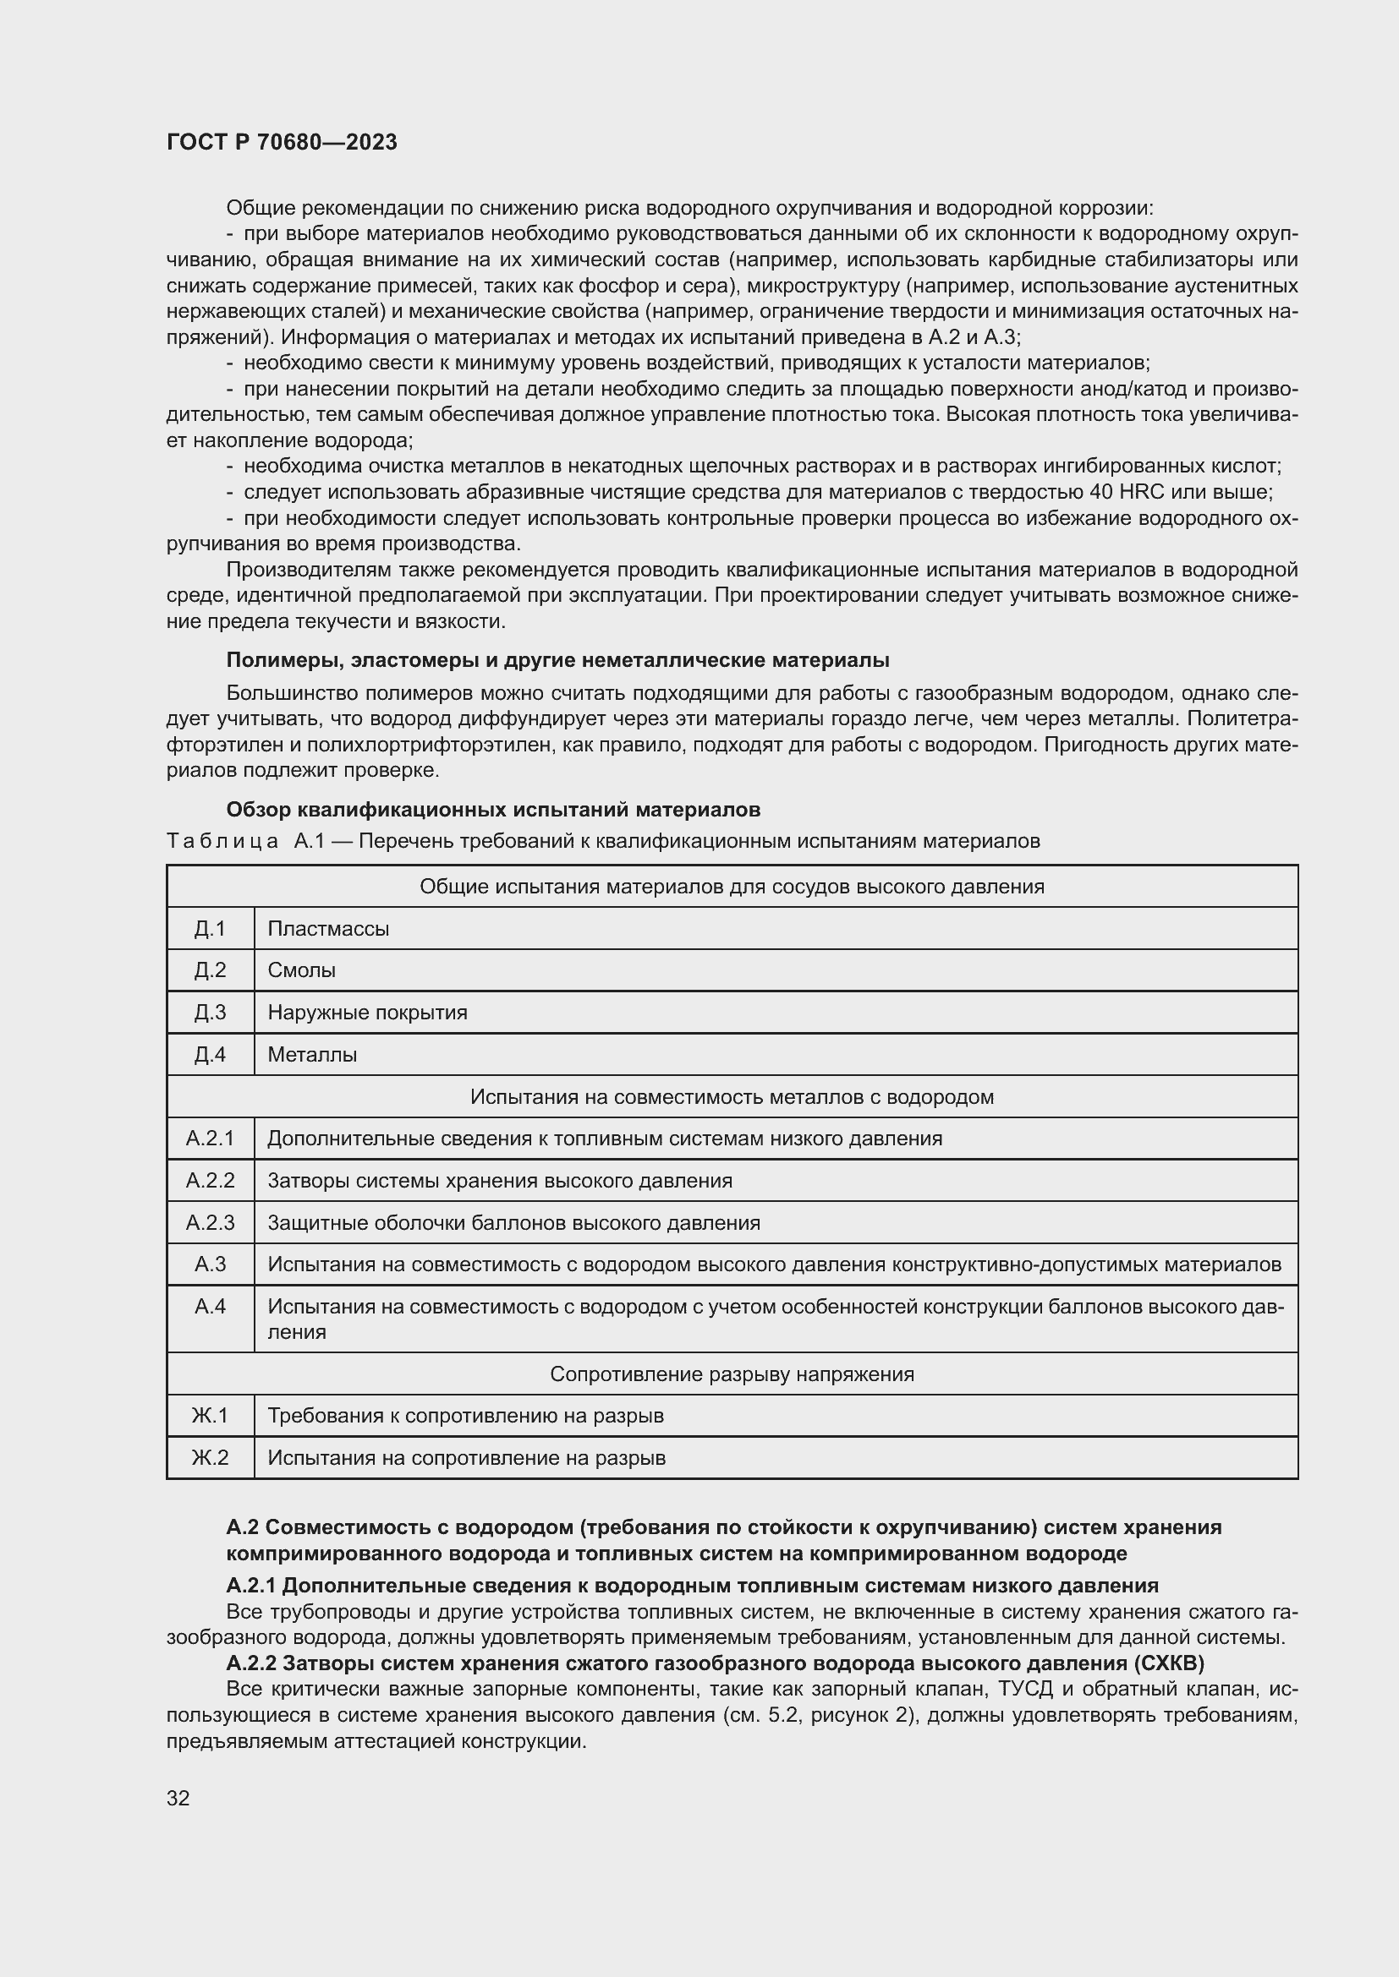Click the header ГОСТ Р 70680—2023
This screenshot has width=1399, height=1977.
point(282,142)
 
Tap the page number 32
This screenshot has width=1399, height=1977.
point(178,1798)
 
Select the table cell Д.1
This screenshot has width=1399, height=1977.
point(211,928)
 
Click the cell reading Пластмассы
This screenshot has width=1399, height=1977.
point(328,928)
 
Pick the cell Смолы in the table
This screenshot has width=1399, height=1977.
point(301,970)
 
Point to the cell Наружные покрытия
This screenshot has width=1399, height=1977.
point(367,1013)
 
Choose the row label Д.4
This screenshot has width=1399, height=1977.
point(211,1055)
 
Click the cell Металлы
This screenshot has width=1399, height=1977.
point(312,1055)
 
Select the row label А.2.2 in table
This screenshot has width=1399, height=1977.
point(211,1181)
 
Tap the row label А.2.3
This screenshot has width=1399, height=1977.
point(211,1223)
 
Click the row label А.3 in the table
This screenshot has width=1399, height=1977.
point(211,1264)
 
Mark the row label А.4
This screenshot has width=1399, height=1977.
point(211,1306)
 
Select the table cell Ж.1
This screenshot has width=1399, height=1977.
point(211,1416)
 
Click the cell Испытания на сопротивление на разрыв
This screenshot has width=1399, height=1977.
point(466,1458)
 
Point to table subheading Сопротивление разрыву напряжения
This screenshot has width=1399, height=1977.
point(732,1374)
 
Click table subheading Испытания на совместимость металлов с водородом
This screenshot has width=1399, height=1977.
point(732,1097)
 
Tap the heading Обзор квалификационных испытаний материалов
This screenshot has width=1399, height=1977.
point(493,810)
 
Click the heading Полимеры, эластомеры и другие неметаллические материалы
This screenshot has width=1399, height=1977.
point(557,659)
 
